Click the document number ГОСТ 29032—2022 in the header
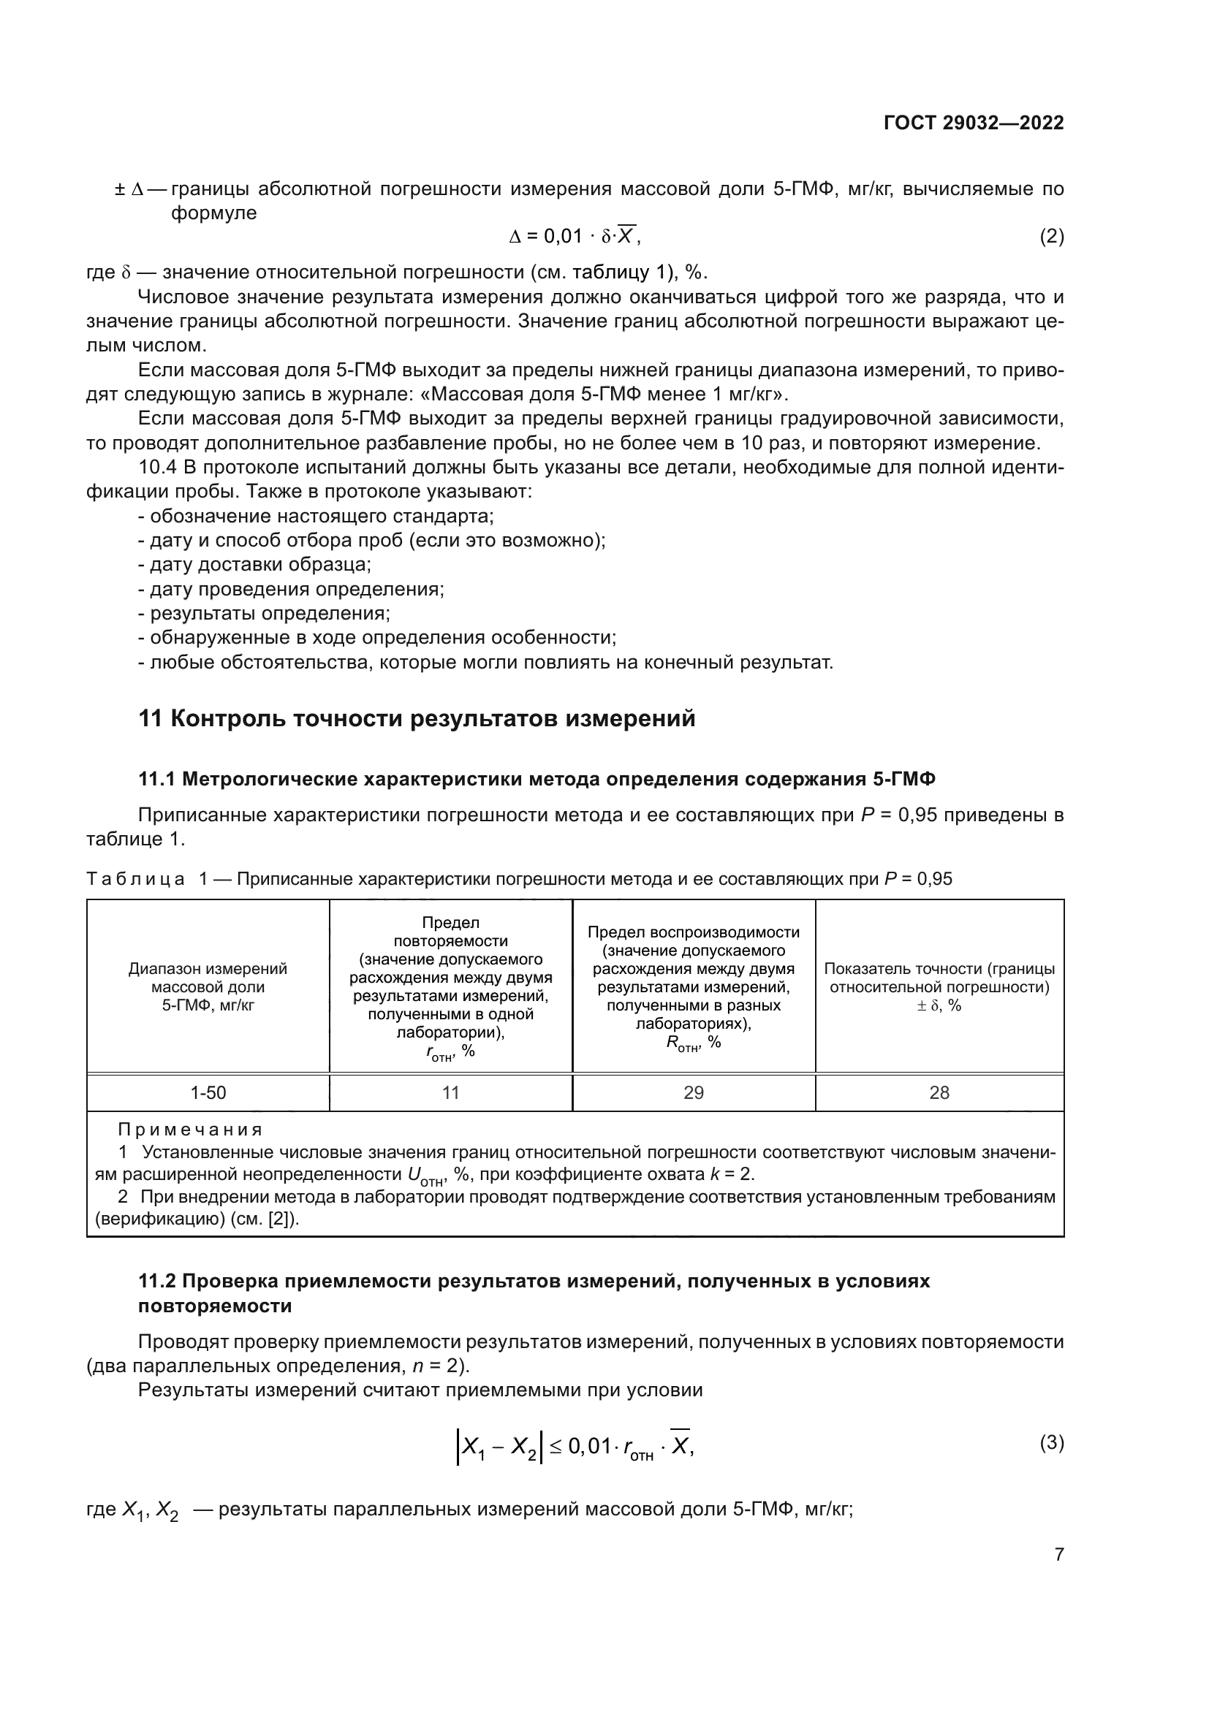973,123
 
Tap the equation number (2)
1051,237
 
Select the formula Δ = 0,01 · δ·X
573,236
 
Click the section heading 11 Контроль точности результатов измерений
417,719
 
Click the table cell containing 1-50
208,1092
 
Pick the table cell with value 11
450,1092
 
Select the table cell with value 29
693,1092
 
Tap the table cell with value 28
939,1092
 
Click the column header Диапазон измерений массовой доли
208,987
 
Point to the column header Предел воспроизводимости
693,932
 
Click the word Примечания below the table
191,1130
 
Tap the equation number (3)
1051,1442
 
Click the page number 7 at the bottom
1058,1555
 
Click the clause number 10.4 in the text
158,468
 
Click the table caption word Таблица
135,879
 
